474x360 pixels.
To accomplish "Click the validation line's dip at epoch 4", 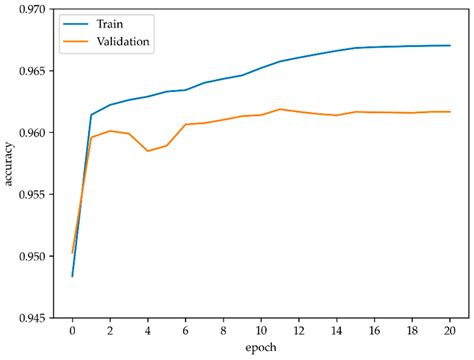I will point(148,151).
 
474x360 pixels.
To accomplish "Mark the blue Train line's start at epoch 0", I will point(72,276).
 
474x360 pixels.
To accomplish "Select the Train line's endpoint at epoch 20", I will point(450,45).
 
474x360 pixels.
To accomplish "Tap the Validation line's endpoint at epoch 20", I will point(450,112).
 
